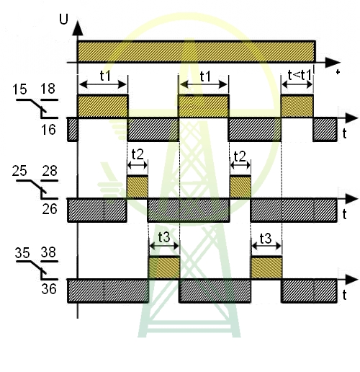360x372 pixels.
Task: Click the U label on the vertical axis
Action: click(63, 19)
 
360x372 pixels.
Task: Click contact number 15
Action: click(19, 89)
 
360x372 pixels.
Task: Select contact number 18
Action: click(48, 89)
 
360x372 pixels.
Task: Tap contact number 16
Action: click(48, 130)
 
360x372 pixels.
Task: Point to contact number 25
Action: click(19, 171)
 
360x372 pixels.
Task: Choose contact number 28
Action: click(50, 171)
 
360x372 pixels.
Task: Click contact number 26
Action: click(50, 209)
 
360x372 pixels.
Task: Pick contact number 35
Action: click(22, 253)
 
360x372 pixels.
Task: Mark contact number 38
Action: click(48, 252)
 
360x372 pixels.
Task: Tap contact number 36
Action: click(49, 289)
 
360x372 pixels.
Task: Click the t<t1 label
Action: click(300, 75)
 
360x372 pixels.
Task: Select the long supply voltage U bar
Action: click(196, 52)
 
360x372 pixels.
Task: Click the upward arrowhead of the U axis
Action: click(78, 28)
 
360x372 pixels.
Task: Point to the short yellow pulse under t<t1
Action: click(297, 106)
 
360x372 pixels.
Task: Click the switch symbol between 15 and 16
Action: click(37, 109)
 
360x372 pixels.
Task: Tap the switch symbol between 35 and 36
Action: click(37, 270)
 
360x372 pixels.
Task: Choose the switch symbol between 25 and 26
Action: click(37, 190)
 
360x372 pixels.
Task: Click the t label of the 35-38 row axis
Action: click(345, 295)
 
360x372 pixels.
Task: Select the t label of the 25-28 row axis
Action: click(345, 214)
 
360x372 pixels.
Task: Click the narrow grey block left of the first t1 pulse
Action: click(73, 129)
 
